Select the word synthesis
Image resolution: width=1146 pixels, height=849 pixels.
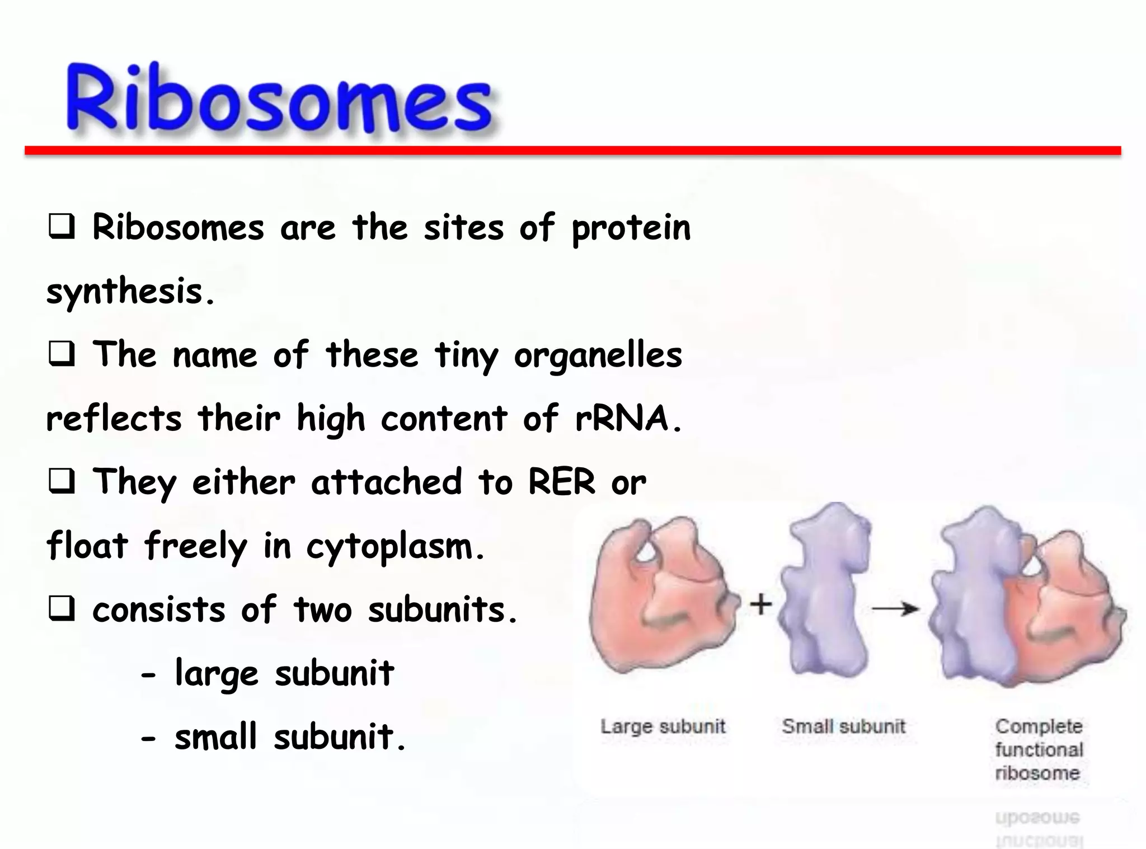tap(130, 292)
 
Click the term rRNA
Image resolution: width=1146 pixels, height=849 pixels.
tap(628, 419)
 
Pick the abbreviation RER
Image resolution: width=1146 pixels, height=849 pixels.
tap(561, 482)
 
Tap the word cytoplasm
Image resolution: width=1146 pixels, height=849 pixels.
tap(394, 547)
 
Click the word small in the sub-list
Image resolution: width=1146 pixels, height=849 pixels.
tap(215, 737)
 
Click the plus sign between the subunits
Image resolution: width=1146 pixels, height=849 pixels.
tap(760, 604)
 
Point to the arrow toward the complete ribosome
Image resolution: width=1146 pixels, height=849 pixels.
tap(895, 608)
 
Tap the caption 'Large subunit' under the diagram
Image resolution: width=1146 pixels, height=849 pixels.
tap(663, 726)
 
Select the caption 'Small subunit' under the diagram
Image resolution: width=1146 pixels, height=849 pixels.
tap(843, 726)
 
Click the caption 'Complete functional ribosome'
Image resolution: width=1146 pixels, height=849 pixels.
tap(1039, 749)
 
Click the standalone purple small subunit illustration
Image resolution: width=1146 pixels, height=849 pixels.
tap(825, 593)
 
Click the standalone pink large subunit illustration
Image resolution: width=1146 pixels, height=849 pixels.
tap(660, 599)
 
